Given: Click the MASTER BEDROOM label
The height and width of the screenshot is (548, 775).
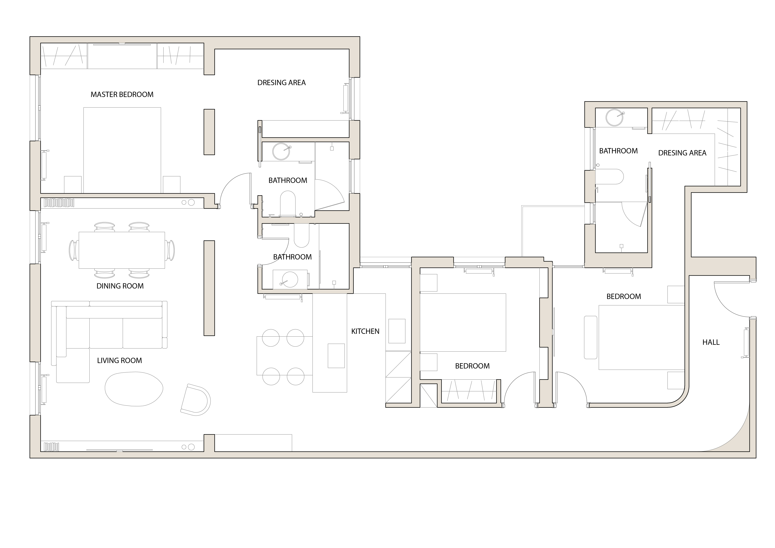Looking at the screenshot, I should click(x=122, y=95).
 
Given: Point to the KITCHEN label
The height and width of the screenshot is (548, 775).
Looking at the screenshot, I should click(x=365, y=331).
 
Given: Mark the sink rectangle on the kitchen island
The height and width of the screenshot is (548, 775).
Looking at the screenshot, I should click(x=336, y=356).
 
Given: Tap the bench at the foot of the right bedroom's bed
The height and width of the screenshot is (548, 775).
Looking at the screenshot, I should click(x=590, y=337).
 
